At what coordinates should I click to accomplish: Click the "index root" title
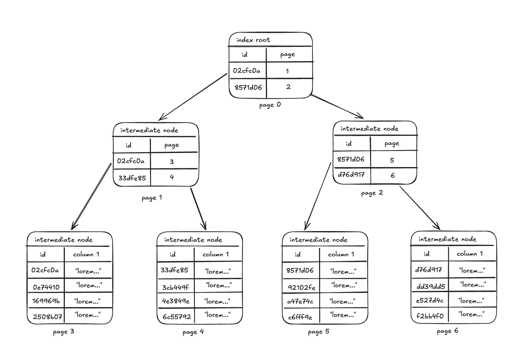253,40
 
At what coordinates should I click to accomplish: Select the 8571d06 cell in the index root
248,87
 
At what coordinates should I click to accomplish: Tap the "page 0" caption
270,105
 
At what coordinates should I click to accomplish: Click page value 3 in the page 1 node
172,162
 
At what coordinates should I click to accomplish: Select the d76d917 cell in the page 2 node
351,175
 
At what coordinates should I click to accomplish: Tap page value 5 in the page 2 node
392,160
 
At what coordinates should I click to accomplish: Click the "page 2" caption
372,193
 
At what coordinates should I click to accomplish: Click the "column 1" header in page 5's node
341,254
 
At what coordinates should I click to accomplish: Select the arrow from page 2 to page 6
420,208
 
